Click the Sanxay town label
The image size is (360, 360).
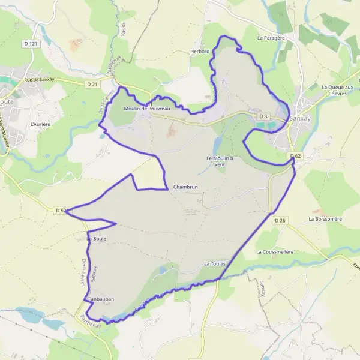(x=300, y=118)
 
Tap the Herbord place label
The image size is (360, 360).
(x=200, y=52)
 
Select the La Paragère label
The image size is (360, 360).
(x=270, y=37)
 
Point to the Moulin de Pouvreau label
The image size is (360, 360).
(x=147, y=109)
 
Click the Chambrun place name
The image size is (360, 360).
(x=185, y=187)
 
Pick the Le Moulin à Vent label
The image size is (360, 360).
(x=220, y=161)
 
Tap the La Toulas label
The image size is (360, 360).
(x=214, y=263)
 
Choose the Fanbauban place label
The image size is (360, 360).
(x=101, y=299)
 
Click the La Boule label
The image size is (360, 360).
(x=97, y=239)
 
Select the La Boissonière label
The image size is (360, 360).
(x=325, y=219)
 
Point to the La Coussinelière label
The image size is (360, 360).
(x=275, y=252)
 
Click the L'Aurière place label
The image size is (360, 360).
(x=40, y=124)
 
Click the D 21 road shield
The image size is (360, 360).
(x=92, y=85)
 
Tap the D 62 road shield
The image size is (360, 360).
(x=295, y=156)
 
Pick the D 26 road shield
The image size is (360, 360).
(x=280, y=221)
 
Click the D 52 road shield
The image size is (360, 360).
(x=59, y=211)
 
